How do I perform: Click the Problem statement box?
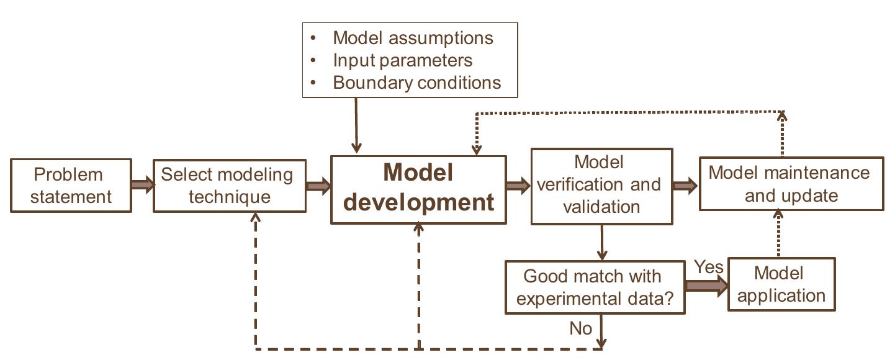tap(71, 186)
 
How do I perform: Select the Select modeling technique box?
tap(230, 186)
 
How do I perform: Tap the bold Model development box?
tap(418, 189)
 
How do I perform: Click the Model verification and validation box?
tap(601, 186)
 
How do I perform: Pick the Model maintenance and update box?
tap(791, 184)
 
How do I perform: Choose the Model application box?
tap(781, 284)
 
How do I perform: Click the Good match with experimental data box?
tap(595, 287)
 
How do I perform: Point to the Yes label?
tap(708, 267)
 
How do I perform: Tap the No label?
tap(580, 328)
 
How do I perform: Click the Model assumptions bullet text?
tap(413, 38)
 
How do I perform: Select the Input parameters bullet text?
tap(402, 60)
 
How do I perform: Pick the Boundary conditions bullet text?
tap(416, 83)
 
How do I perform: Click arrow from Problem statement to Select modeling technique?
tap(142, 185)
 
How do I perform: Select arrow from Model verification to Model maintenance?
tap(686, 185)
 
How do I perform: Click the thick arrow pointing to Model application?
tap(706, 286)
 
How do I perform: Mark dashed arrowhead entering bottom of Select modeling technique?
tap(255, 217)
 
